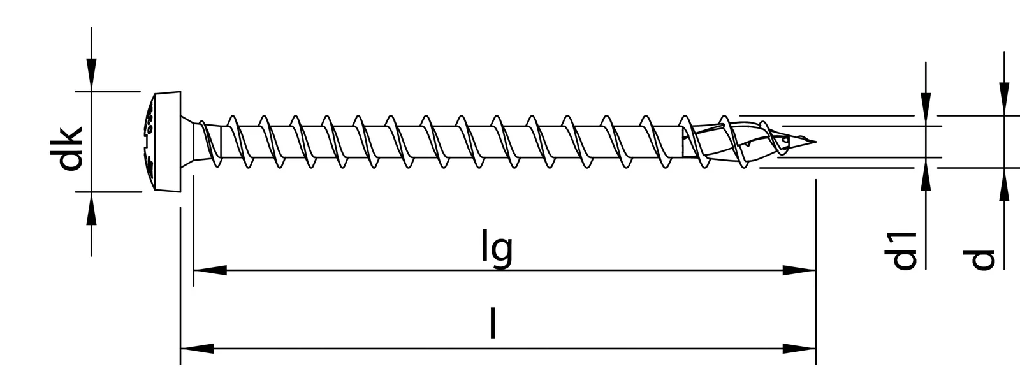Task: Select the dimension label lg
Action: coord(497,249)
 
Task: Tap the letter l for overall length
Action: coord(492,324)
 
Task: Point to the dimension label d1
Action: coord(900,250)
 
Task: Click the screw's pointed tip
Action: coord(815,141)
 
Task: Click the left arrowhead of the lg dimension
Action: coord(210,270)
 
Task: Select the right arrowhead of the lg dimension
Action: coord(799,270)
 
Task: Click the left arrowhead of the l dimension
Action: coord(197,349)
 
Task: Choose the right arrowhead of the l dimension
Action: coord(799,349)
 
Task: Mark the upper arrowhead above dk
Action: coord(92,75)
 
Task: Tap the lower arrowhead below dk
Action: coord(92,208)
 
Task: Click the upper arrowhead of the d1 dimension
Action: coord(926,109)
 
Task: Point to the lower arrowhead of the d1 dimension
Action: coord(926,173)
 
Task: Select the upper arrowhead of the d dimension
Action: coord(1005,99)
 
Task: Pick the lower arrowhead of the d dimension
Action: coord(1005,184)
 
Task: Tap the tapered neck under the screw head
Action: coord(192,142)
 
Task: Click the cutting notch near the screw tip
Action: coord(784,142)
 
